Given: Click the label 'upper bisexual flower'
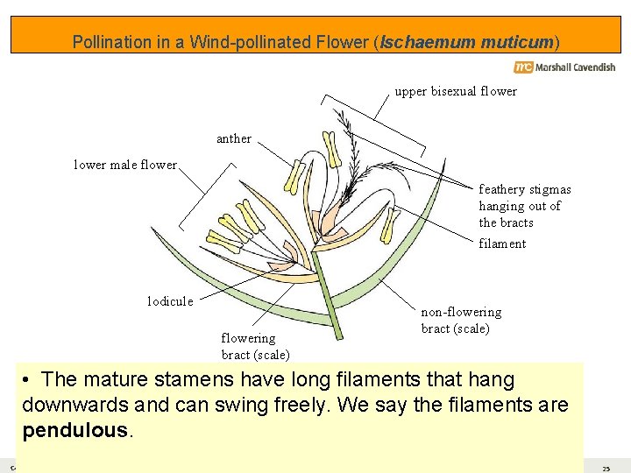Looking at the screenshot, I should [x=455, y=91].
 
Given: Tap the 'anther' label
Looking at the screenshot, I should [x=234, y=138].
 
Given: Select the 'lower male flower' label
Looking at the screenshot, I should [x=124, y=164].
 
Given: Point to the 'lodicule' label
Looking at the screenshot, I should [x=169, y=301].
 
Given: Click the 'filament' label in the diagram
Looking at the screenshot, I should [x=502, y=244].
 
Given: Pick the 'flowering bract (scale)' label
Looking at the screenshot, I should [x=255, y=346].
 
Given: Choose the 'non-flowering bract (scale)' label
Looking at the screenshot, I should [x=461, y=321].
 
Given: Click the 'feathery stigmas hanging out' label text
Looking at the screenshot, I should [x=524, y=206].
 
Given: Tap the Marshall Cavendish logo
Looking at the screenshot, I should [x=564, y=67].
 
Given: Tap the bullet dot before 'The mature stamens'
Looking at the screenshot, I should [x=28, y=380].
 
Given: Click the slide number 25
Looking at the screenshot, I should [x=606, y=469].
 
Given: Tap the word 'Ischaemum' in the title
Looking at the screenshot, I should [x=429, y=42].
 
